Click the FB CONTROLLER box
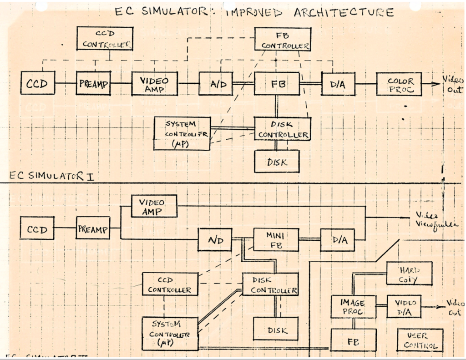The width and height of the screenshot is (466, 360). pyautogui.click(x=282, y=39)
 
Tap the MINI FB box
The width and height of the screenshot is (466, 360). pyautogui.click(x=276, y=239)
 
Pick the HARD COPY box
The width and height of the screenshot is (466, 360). pyautogui.click(x=409, y=273)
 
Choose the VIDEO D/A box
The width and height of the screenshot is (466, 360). pyautogui.click(x=404, y=306)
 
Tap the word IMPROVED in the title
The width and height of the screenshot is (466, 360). pyautogui.click(x=253, y=12)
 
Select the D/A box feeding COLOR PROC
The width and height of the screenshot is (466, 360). pyautogui.click(x=338, y=84)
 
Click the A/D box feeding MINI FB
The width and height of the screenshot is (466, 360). pyautogui.click(x=214, y=240)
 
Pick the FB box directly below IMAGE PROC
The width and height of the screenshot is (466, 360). pyautogui.click(x=353, y=340)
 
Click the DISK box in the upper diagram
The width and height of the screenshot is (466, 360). pyautogui.click(x=276, y=161)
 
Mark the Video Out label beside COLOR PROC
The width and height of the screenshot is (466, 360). pyautogui.click(x=453, y=85)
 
